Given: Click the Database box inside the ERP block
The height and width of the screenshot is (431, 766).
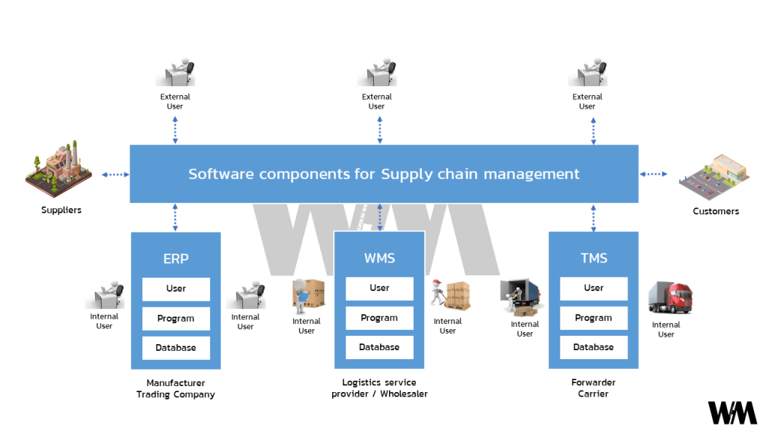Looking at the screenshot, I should click(176, 348).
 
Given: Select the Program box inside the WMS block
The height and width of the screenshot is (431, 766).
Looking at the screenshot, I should click(379, 318).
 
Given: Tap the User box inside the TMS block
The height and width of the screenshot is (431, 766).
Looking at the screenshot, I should click(594, 288).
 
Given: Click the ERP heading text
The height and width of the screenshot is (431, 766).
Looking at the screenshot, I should click(176, 259).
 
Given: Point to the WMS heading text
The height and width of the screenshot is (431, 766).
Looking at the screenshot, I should click(379, 259).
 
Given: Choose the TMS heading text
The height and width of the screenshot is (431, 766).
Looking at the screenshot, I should click(594, 259).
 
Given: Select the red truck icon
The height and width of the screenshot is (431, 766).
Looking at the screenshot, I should click(668, 298).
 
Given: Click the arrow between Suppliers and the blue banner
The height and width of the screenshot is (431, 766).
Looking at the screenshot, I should click(115, 174).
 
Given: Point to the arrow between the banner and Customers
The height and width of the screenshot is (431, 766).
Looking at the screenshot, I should click(653, 174).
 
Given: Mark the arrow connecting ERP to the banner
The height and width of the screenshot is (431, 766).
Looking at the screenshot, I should click(175, 217).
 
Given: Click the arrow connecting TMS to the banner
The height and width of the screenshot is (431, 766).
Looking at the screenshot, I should click(594, 217).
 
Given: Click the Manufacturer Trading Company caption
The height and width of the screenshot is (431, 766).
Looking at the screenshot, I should click(176, 388).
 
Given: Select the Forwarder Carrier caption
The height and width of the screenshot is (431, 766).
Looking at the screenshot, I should click(593, 388).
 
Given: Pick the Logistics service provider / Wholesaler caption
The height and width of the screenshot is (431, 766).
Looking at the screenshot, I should click(379, 388).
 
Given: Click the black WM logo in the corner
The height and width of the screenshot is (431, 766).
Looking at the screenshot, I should click(732, 412).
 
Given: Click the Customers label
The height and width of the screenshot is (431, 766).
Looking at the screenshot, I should click(715, 211).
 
